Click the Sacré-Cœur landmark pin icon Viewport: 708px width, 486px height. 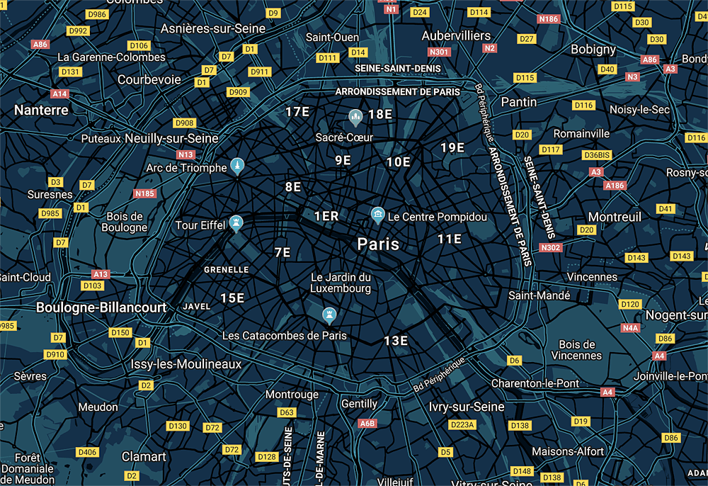click(x=355, y=115)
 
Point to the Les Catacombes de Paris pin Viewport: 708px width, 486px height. click(x=329, y=314)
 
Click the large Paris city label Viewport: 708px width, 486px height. click(x=378, y=244)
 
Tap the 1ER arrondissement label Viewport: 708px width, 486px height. click(x=326, y=216)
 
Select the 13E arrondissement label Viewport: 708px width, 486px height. click(x=396, y=341)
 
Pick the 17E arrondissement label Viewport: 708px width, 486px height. click(x=297, y=112)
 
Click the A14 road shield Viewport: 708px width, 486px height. click(x=59, y=94)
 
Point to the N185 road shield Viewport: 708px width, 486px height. click(x=144, y=193)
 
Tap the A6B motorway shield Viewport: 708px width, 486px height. click(x=367, y=424)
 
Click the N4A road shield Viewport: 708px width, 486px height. click(x=630, y=328)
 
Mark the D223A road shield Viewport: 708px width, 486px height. click(x=462, y=424)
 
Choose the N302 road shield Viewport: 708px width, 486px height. click(x=550, y=247)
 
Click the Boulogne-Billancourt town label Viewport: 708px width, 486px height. click(x=101, y=307)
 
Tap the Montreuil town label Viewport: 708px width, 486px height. click(x=614, y=217)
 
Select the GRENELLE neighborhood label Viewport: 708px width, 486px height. click(x=226, y=270)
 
